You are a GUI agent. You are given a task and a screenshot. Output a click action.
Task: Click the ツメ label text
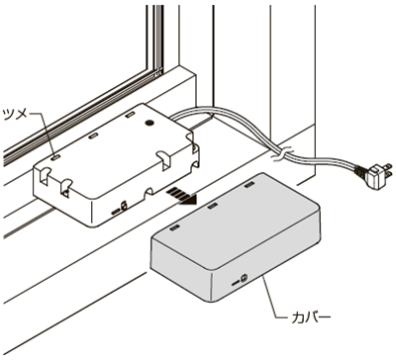[16, 115]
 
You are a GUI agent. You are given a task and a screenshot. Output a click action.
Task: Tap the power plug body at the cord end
[375, 176]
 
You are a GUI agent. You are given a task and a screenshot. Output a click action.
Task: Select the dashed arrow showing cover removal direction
[182, 195]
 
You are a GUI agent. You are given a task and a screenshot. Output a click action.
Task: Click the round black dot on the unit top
[149, 124]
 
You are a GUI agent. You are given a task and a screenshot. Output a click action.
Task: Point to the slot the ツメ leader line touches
[55, 157]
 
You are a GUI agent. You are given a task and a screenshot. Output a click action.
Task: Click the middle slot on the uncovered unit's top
[93, 135]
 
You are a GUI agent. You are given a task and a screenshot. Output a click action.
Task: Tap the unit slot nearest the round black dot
[130, 115]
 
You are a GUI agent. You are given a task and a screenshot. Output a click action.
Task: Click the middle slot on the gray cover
[212, 206]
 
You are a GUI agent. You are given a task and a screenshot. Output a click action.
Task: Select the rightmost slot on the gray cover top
[249, 186]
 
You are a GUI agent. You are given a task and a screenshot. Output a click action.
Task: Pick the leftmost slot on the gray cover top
[174, 227]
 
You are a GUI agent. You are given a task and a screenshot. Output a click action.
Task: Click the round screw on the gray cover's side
[245, 279]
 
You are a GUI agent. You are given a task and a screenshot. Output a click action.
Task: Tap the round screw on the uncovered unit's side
[124, 206]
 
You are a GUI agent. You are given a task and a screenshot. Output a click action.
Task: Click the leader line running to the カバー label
[271, 300]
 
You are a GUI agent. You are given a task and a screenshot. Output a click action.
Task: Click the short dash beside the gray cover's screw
[235, 283]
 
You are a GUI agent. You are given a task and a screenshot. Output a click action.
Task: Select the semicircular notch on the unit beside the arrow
[149, 192]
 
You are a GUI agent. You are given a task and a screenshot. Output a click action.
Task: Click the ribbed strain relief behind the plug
[361, 171]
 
